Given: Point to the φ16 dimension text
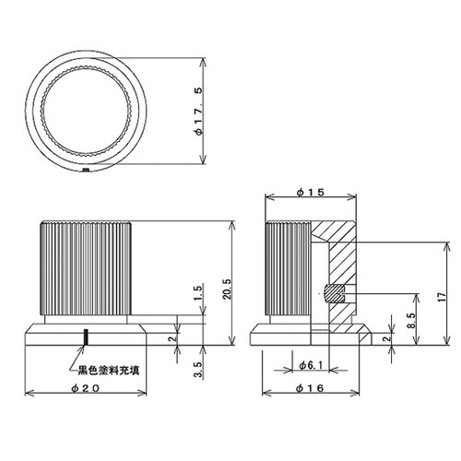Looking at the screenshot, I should tap(310, 388).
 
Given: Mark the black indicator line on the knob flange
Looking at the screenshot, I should tap(87, 337).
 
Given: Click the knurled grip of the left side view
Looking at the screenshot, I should tap(86, 267).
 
